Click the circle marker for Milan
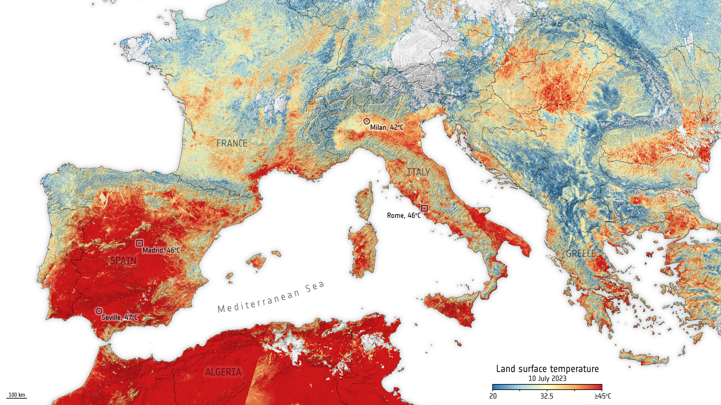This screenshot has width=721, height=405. pos(367,121)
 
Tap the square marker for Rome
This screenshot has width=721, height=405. pos(424,208)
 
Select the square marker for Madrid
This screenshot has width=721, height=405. pos(139,243)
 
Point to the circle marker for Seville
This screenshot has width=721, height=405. pos(99,311)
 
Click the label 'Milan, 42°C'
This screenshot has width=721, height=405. pos(387,127)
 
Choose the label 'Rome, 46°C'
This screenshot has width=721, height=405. pos(404,216)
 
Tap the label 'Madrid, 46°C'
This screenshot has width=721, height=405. pos(161,250)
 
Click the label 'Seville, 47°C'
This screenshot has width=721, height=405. pos(120,318)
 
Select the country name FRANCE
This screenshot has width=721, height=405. pos(232,143)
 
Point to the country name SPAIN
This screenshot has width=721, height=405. pos(123,260)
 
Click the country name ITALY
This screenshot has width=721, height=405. pos(418,172)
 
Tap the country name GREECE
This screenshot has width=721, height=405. pos(581,253)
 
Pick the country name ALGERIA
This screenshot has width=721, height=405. pos(223,372)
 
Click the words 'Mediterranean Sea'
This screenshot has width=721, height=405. pos(271,297)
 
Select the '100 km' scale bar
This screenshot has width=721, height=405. pos(17,395)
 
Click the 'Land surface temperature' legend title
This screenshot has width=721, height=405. pos(547,369)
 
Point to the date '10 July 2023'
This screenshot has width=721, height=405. pos(547,378)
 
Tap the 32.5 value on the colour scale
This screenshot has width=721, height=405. pos(547,396)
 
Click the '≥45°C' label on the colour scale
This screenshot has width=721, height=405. pos(602,396)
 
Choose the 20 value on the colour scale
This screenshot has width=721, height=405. pos(493,396)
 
